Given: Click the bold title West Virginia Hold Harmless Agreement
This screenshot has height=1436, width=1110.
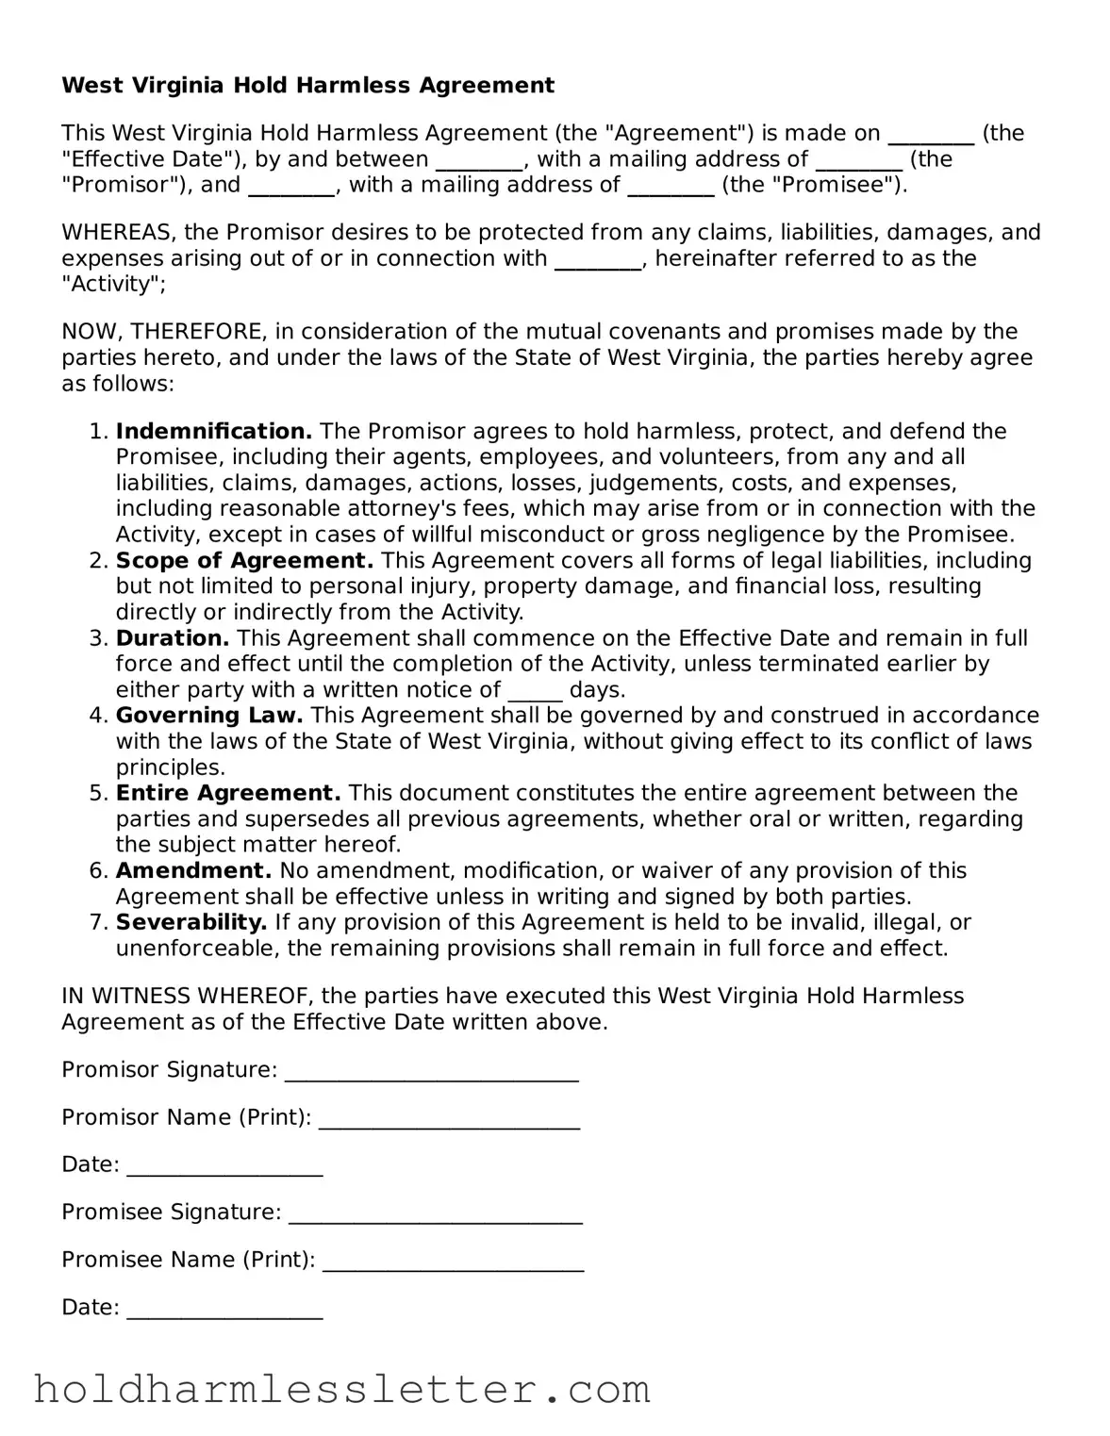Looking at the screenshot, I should pos(307,86).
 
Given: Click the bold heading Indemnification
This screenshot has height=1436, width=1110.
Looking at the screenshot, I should pos(213,432).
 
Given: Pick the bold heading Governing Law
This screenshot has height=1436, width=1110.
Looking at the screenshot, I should pos(209,716).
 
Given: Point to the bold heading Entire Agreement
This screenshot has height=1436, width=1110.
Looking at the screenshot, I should pos(228,793).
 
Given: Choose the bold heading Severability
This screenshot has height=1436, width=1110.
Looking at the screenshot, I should pos(191,922).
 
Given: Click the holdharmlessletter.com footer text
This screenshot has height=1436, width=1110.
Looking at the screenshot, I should pos(341,1390).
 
